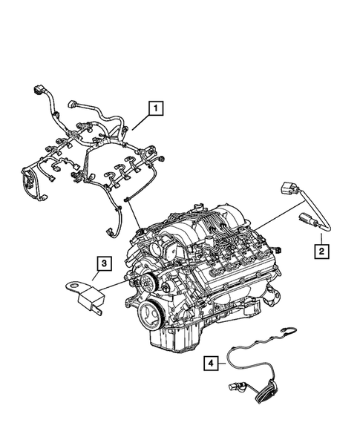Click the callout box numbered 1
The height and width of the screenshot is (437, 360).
155,109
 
